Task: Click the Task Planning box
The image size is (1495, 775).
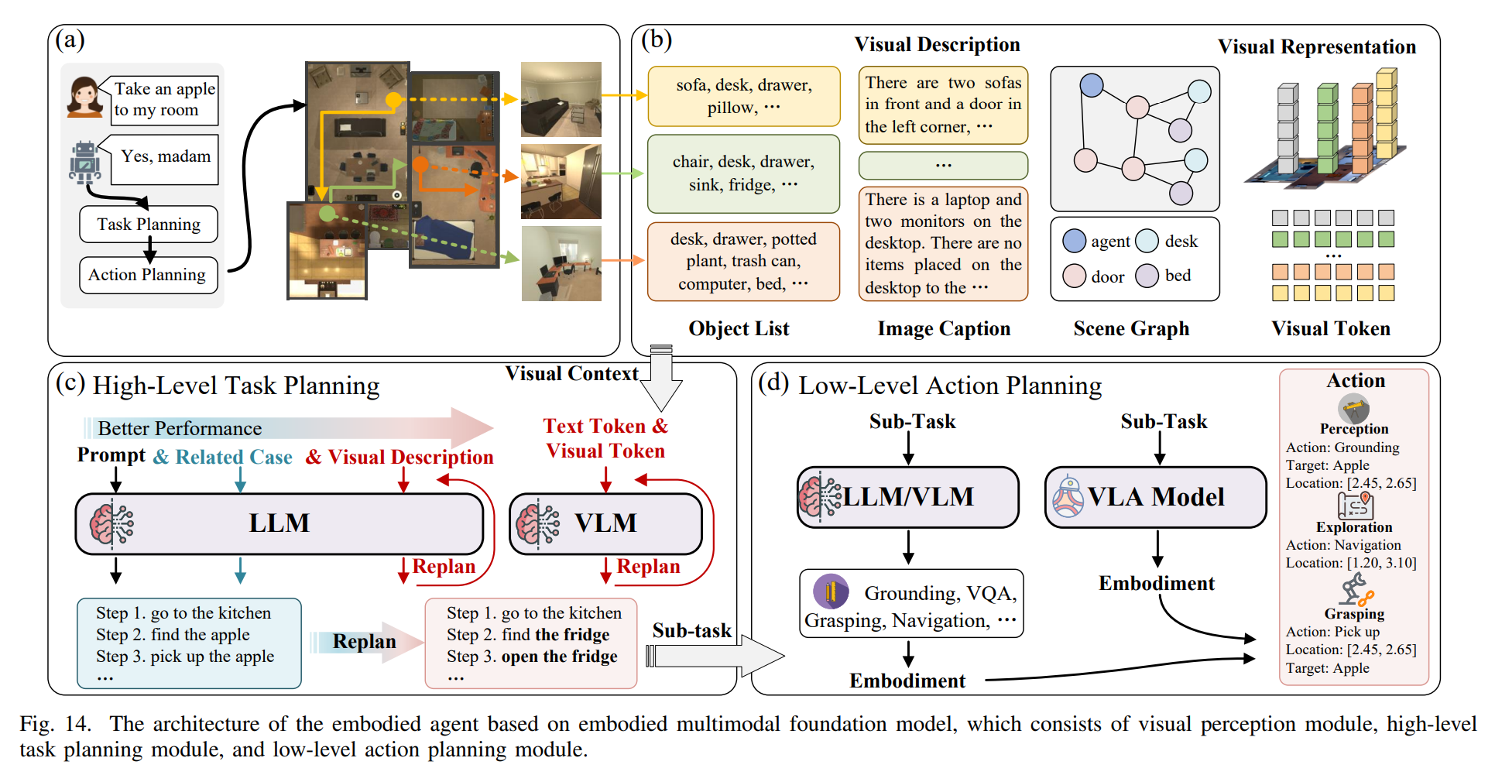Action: click(149, 224)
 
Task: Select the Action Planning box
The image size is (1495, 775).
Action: click(148, 275)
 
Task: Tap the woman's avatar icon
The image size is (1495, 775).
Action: click(85, 97)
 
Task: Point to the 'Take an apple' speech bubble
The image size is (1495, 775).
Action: click(164, 100)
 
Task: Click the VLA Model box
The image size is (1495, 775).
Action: click(1155, 497)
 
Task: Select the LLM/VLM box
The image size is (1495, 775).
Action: click(908, 497)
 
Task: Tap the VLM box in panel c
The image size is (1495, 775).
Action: click(605, 523)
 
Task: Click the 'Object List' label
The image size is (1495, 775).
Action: click(739, 329)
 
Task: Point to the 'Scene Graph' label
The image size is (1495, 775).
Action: click(1131, 329)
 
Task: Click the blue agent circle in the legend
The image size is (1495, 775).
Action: click(1075, 241)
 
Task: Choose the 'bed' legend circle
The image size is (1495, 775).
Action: click(1147, 276)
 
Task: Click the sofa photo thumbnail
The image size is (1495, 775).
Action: click(561, 99)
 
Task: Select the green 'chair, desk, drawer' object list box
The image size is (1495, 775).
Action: click(743, 173)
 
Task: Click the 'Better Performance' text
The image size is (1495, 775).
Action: click(180, 428)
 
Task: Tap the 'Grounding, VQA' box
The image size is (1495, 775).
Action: click(911, 604)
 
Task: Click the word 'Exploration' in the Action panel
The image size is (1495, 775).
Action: click(1354, 527)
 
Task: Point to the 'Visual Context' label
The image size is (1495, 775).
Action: click(572, 374)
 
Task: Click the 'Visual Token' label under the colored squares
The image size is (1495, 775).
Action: click(1331, 329)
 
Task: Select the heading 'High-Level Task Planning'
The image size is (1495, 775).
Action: click(236, 386)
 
